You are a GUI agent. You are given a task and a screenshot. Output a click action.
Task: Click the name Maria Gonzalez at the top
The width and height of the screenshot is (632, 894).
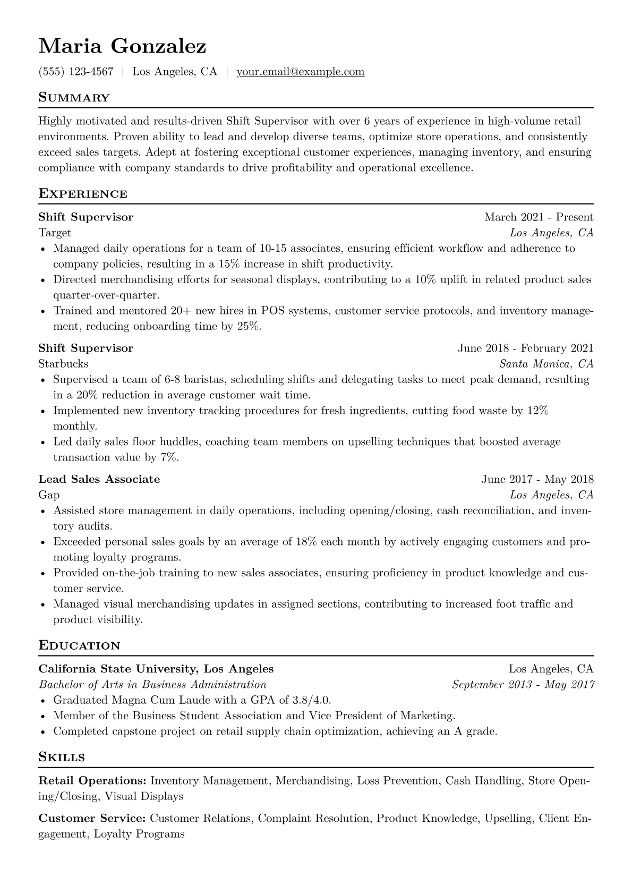[122, 47]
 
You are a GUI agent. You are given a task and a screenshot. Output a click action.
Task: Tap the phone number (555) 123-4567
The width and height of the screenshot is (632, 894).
[76, 72]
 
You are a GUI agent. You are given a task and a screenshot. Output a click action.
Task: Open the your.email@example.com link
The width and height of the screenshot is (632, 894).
[300, 72]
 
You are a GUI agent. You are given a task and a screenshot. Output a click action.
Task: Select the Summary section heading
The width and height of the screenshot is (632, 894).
[74, 98]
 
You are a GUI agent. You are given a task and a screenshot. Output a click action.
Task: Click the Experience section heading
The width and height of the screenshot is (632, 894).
[83, 194]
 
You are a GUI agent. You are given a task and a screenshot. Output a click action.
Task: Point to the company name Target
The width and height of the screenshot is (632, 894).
[55, 233]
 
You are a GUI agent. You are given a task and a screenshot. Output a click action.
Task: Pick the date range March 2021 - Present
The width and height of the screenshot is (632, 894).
[539, 217]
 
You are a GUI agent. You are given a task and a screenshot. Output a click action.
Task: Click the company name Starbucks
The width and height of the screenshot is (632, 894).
[63, 364]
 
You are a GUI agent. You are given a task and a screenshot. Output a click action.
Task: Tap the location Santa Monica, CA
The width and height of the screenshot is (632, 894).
[546, 364]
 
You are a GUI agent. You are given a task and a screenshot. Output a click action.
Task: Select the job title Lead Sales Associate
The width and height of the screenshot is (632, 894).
[99, 479]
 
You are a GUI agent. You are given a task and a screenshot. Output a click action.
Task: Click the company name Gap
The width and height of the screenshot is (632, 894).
[49, 495]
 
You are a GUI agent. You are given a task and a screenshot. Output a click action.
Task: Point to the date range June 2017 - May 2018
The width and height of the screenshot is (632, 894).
[537, 479]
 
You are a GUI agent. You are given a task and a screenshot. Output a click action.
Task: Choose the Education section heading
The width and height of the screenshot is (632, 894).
[79, 646]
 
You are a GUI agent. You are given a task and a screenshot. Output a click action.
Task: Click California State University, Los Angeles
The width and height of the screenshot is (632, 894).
[156, 669]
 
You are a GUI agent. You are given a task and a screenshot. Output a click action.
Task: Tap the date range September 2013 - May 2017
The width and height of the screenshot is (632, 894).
[523, 685]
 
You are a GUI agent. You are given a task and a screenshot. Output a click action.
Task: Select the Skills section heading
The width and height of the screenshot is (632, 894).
[62, 757]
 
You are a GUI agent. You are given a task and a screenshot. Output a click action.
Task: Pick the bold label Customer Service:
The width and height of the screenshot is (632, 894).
[92, 819]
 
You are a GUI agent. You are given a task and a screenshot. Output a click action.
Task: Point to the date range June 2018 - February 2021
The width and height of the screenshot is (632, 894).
[525, 348]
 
